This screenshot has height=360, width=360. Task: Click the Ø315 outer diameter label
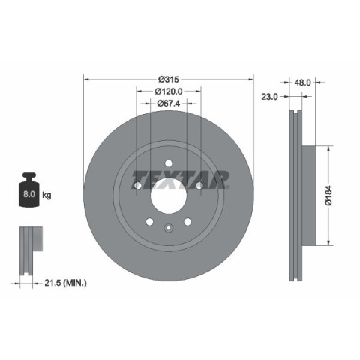pyautogui.click(x=169, y=79)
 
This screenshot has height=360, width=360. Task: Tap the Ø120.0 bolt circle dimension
pyautogui.click(x=169, y=91)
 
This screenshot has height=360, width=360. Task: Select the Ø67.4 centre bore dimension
pyautogui.click(x=169, y=103)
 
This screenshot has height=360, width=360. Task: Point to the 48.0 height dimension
pyautogui.click(x=302, y=82)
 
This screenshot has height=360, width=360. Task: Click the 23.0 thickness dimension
pyautogui.click(x=269, y=97)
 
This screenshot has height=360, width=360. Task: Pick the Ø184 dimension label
pyautogui.click(x=329, y=196)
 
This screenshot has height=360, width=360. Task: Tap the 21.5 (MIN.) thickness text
pyautogui.click(x=65, y=283)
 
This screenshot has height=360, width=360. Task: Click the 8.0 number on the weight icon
pyautogui.click(x=29, y=194)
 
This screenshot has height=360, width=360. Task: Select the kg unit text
pyautogui.click(x=46, y=195)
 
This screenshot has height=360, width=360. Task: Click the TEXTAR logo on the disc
pyautogui.click(x=180, y=180)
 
